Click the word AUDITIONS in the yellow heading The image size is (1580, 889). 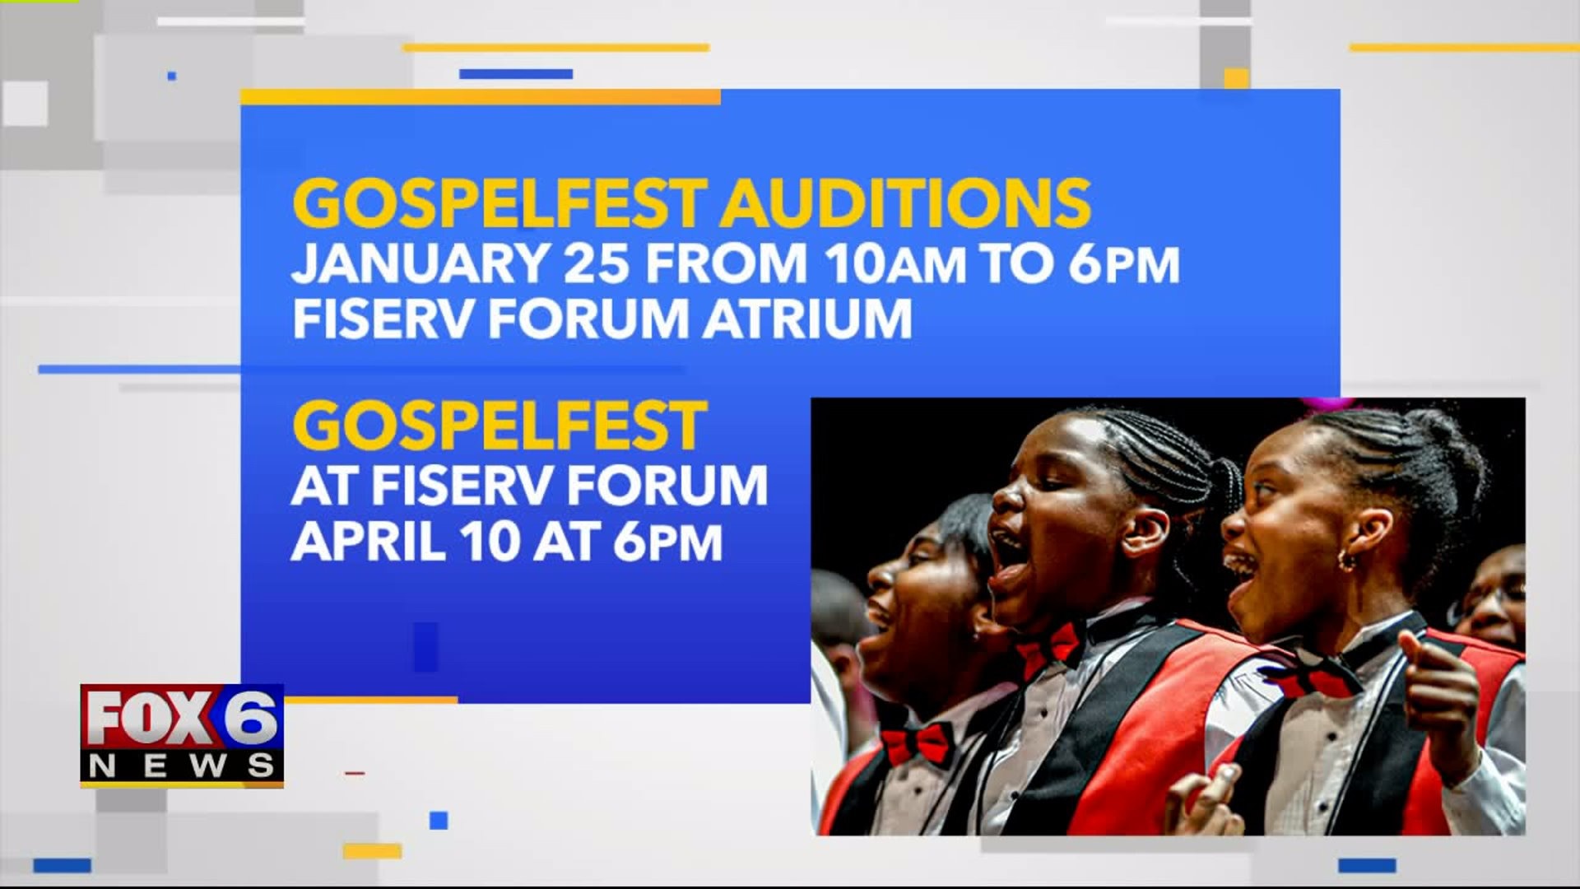point(905,203)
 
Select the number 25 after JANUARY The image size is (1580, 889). point(597,263)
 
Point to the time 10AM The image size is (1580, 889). point(895,263)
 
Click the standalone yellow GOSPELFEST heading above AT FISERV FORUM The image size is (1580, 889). point(500,426)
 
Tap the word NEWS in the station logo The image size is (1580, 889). point(182,766)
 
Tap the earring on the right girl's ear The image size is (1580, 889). point(1347,560)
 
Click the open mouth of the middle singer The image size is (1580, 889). point(1009,568)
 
